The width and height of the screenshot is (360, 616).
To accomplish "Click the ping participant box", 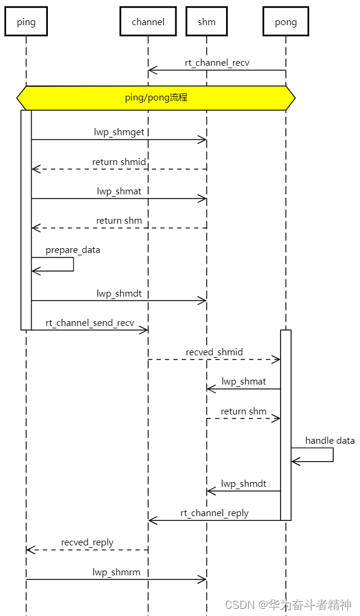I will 26,22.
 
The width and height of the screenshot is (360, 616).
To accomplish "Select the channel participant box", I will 148,22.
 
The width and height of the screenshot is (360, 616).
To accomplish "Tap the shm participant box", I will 206,22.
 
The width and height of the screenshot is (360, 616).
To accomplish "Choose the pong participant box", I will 285,22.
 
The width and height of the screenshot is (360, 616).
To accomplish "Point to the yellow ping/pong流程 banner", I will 156,97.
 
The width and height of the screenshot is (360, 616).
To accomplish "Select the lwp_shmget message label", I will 119,132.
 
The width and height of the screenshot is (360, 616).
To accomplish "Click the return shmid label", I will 119,161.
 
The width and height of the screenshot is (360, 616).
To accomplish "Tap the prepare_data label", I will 72,250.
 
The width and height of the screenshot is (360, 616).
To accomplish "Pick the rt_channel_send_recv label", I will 90,323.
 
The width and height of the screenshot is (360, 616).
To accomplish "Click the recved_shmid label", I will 214,352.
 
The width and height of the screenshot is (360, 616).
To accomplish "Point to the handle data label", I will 330,441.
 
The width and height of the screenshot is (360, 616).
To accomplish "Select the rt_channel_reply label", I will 214,513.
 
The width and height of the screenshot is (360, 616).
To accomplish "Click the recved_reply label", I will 87,542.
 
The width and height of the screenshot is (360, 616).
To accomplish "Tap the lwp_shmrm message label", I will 116,572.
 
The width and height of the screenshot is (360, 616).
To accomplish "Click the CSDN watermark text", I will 288,604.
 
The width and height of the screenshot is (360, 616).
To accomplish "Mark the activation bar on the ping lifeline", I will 26,219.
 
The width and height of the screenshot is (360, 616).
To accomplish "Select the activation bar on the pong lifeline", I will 286,425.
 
